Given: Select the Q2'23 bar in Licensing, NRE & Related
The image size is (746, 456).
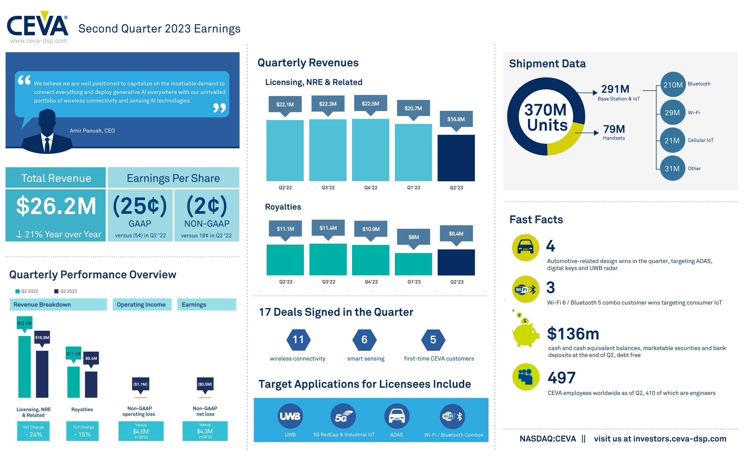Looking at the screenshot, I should (x=456, y=158).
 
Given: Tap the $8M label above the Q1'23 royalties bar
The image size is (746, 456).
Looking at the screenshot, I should (x=413, y=237).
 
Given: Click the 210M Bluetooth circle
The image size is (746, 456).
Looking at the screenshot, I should (x=673, y=85).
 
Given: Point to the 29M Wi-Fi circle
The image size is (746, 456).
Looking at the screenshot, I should (x=673, y=112).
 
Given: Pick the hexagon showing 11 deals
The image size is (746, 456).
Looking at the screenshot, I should (x=298, y=339).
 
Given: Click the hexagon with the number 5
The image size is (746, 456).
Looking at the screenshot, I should (x=433, y=339).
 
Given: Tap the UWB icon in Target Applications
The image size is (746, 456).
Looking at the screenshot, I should (x=290, y=416).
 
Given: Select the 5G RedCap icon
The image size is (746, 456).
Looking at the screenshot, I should (x=343, y=416).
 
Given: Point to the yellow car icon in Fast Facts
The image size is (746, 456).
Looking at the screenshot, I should (x=525, y=247).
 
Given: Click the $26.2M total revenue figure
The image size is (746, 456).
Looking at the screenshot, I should (x=56, y=206).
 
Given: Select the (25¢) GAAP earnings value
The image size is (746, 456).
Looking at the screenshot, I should (x=140, y=206).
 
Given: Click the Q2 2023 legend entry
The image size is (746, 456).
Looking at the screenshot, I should (x=65, y=291).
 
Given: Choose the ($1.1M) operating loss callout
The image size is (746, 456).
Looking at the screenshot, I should (x=140, y=384).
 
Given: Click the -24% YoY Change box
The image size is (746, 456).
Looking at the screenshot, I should (x=33, y=431).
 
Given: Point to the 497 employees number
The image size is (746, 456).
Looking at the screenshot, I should (x=561, y=378).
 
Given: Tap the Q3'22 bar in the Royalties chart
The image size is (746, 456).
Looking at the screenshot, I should (x=328, y=259).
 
